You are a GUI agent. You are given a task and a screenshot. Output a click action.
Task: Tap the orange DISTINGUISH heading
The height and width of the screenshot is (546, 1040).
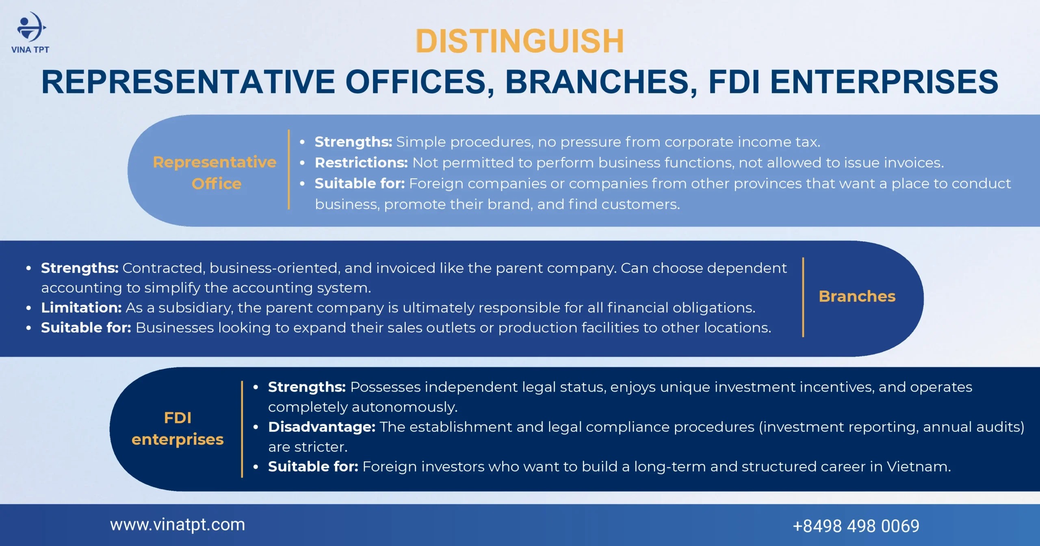[520, 41]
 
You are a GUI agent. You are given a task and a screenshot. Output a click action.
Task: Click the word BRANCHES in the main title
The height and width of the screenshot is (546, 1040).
[597, 82]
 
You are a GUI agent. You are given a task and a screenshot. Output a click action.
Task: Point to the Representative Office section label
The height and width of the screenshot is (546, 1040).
[215, 173]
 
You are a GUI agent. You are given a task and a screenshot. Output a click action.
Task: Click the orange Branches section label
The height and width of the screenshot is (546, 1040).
[857, 296]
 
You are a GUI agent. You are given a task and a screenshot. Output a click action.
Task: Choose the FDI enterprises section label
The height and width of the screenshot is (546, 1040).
[178, 429]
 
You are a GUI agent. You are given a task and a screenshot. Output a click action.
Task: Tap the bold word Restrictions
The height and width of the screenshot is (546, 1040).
[361, 162]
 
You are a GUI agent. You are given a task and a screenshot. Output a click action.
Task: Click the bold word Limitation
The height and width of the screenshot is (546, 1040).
[81, 308]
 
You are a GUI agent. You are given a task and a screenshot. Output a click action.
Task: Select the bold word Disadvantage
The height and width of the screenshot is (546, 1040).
[322, 427]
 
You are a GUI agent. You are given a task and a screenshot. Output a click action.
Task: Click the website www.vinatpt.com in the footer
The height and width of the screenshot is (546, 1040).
[178, 525]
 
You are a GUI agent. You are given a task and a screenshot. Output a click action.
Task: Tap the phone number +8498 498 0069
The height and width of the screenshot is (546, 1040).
[856, 526]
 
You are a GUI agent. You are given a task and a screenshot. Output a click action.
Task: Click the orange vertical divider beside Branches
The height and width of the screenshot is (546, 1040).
[803, 297]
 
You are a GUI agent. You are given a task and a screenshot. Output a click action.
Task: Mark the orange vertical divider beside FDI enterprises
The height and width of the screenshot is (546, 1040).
[242, 429]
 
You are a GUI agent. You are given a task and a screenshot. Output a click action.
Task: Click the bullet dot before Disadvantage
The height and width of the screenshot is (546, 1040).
[256, 427]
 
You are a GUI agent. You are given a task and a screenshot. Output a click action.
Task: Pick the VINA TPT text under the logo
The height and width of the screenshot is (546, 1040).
[30, 50]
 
